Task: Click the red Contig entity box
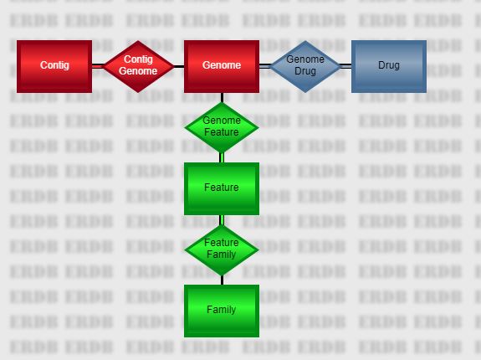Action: coord(54,66)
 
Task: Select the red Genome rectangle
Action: coord(222,66)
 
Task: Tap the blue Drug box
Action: coord(389,66)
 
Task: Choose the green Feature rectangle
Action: coord(222,188)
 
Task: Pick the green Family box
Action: coord(222,311)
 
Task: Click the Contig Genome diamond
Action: coord(138,66)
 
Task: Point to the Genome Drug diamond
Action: coord(305,66)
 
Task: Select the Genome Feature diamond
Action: coord(222,127)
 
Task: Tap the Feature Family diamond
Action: coord(222,249)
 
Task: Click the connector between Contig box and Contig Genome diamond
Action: coord(98,66)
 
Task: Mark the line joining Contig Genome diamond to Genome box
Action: coord(179,66)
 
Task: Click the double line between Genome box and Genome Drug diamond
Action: coord(265,66)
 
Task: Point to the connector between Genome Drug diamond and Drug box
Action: coord(345,66)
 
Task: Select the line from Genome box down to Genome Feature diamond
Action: coord(222,98)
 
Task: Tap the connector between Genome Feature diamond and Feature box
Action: coord(222,157)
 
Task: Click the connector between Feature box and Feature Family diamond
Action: coord(222,220)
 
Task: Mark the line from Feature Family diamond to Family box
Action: coord(222,280)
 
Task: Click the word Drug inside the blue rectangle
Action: coord(389,65)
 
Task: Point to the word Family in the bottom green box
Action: coord(221,310)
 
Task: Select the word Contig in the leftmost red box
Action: coord(54,65)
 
